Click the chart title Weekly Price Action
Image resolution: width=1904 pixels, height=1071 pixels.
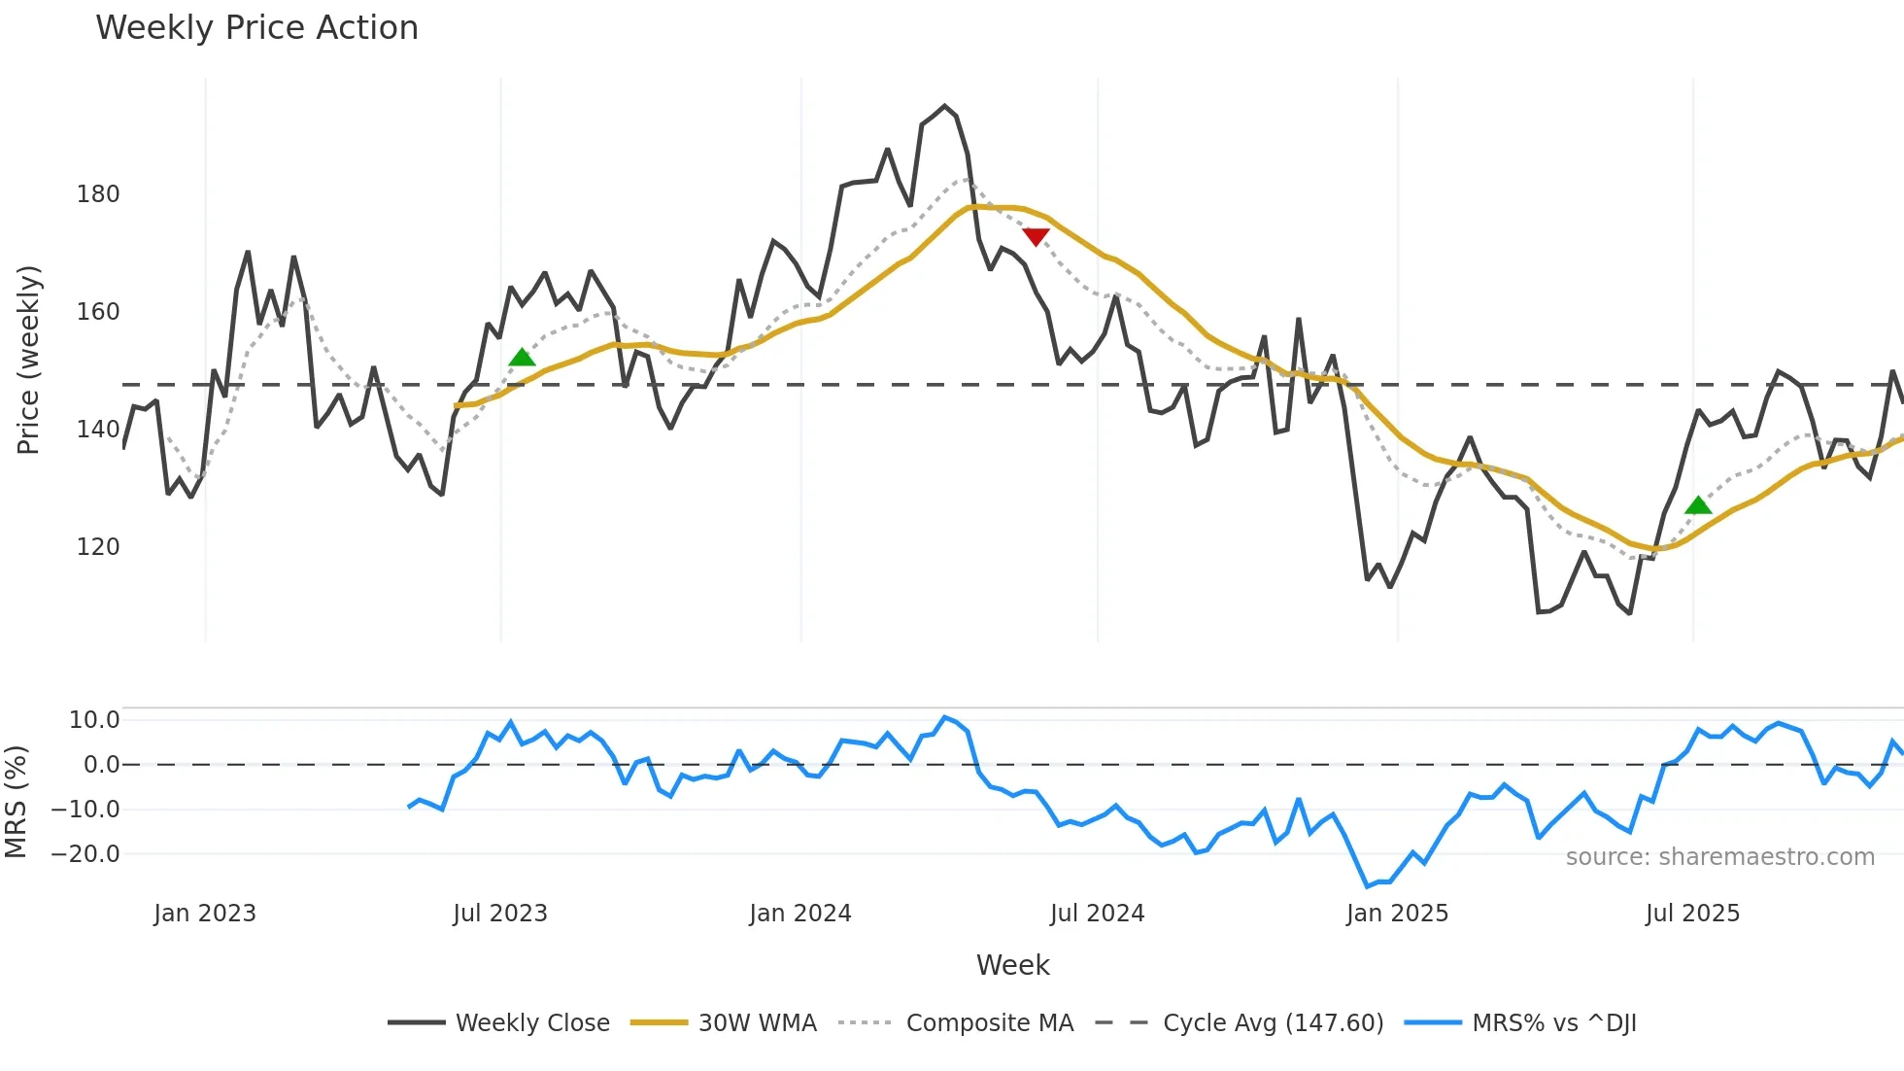coord(256,28)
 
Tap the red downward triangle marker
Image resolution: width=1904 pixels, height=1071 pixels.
coord(1036,236)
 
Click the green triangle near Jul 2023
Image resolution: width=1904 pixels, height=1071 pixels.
coord(522,358)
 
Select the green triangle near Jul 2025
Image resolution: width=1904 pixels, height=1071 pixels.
coord(1698,505)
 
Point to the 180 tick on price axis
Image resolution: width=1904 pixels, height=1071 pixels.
coord(98,194)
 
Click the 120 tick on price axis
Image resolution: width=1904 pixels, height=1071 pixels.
coord(98,547)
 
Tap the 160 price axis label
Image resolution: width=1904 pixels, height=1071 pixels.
coord(98,312)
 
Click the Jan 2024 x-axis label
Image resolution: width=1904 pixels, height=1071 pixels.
coord(800,914)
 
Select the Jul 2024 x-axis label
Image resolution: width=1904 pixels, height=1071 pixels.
coord(1097,914)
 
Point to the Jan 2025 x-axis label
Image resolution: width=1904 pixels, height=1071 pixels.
coord(1397,914)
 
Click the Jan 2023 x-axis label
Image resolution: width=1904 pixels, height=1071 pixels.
coord(205,914)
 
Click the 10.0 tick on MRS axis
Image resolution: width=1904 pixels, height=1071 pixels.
coord(94,720)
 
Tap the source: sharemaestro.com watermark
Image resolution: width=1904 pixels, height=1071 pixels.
coord(1719,857)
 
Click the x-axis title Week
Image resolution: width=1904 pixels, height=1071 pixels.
coord(1012,965)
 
